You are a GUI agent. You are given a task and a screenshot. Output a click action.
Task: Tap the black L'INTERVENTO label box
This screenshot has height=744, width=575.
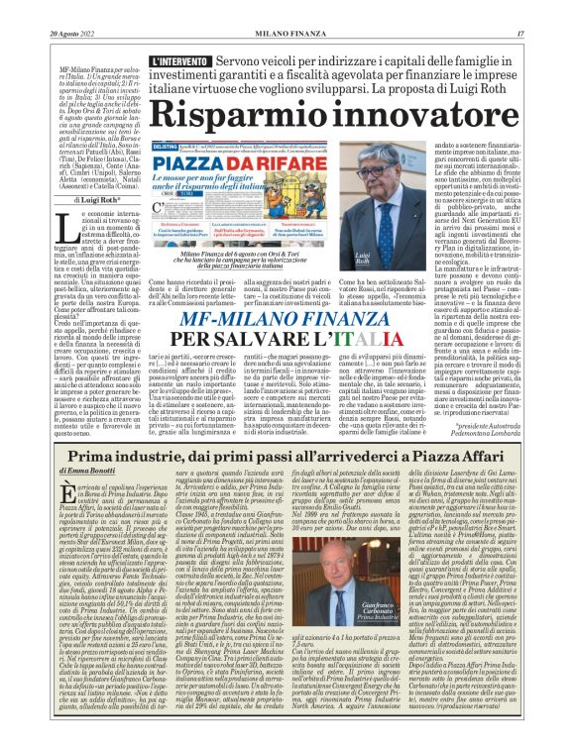(182, 62)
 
